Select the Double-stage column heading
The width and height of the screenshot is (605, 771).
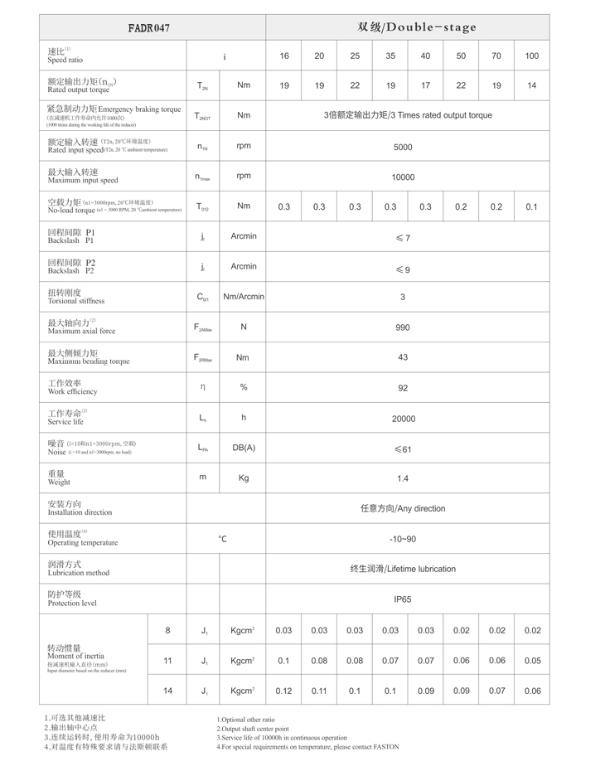click(x=417, y=27)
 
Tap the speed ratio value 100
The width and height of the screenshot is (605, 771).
click(x=531, y=56)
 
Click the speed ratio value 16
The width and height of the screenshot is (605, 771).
click(x=284, y=56)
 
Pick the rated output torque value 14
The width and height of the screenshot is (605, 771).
click(x=531, y=85)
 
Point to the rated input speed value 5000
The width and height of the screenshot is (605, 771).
click(x=403, y=147)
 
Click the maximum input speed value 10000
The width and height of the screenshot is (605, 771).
click(x=403, y=177)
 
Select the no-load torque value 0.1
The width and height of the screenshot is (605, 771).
click(x=531, y=206)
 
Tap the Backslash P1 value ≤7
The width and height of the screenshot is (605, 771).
click(x=403, y=238)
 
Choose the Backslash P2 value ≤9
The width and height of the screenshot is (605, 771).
click(x=403, y=269)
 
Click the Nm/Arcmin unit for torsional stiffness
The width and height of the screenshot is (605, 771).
click(x=244, y=297)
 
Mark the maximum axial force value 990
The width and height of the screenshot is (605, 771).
click(x=403, y=327)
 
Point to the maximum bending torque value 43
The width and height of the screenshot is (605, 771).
click(x=403, y=357)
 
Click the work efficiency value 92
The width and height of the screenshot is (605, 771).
click(x=403, y=387)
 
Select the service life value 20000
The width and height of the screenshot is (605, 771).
click(x=403, y=419)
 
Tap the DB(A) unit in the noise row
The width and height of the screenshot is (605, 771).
click(x=244, y=448)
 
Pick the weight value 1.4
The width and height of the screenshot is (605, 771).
click(x=403, y=478)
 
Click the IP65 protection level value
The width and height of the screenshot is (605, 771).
click(x=403, y=599)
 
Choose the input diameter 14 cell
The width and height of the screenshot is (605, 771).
click(x=167, y=691)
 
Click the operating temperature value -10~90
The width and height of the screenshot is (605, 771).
click(x=403, y=539)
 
